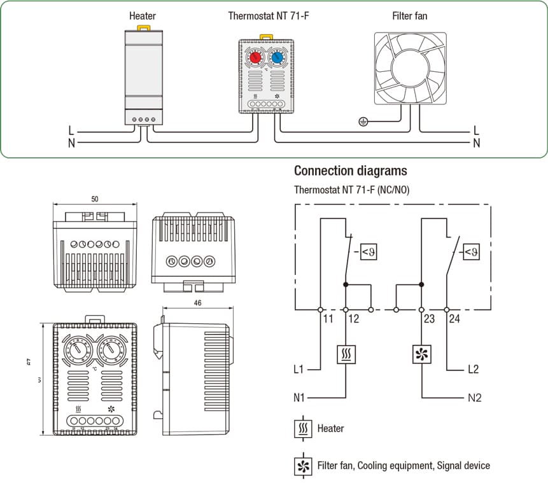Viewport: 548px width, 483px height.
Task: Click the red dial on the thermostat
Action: tap(255, 57)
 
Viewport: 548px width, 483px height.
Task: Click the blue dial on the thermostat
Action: tap(277, 57)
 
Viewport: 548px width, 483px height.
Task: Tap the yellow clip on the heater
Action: tap(143, 27)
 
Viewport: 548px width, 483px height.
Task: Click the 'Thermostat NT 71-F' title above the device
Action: tap(265, 15)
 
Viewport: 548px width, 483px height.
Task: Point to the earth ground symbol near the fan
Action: tap(363, 121)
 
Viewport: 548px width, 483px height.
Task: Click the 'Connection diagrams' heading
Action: tap(350, 171)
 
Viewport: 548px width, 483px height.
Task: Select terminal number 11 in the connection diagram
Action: tap(328, 319)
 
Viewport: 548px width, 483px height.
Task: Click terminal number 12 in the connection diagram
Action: tap(353, 319)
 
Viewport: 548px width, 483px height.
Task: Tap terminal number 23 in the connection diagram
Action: tap(429, 319)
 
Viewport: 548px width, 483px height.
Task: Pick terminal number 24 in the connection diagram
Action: tap(454, 319)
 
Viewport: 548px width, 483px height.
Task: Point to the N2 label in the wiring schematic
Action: tap(474, 398)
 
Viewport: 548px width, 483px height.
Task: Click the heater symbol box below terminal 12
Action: tap(346, 354)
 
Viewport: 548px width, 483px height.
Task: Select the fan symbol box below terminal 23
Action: tap(421, 354)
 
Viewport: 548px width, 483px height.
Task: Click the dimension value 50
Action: tap(95, 199)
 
